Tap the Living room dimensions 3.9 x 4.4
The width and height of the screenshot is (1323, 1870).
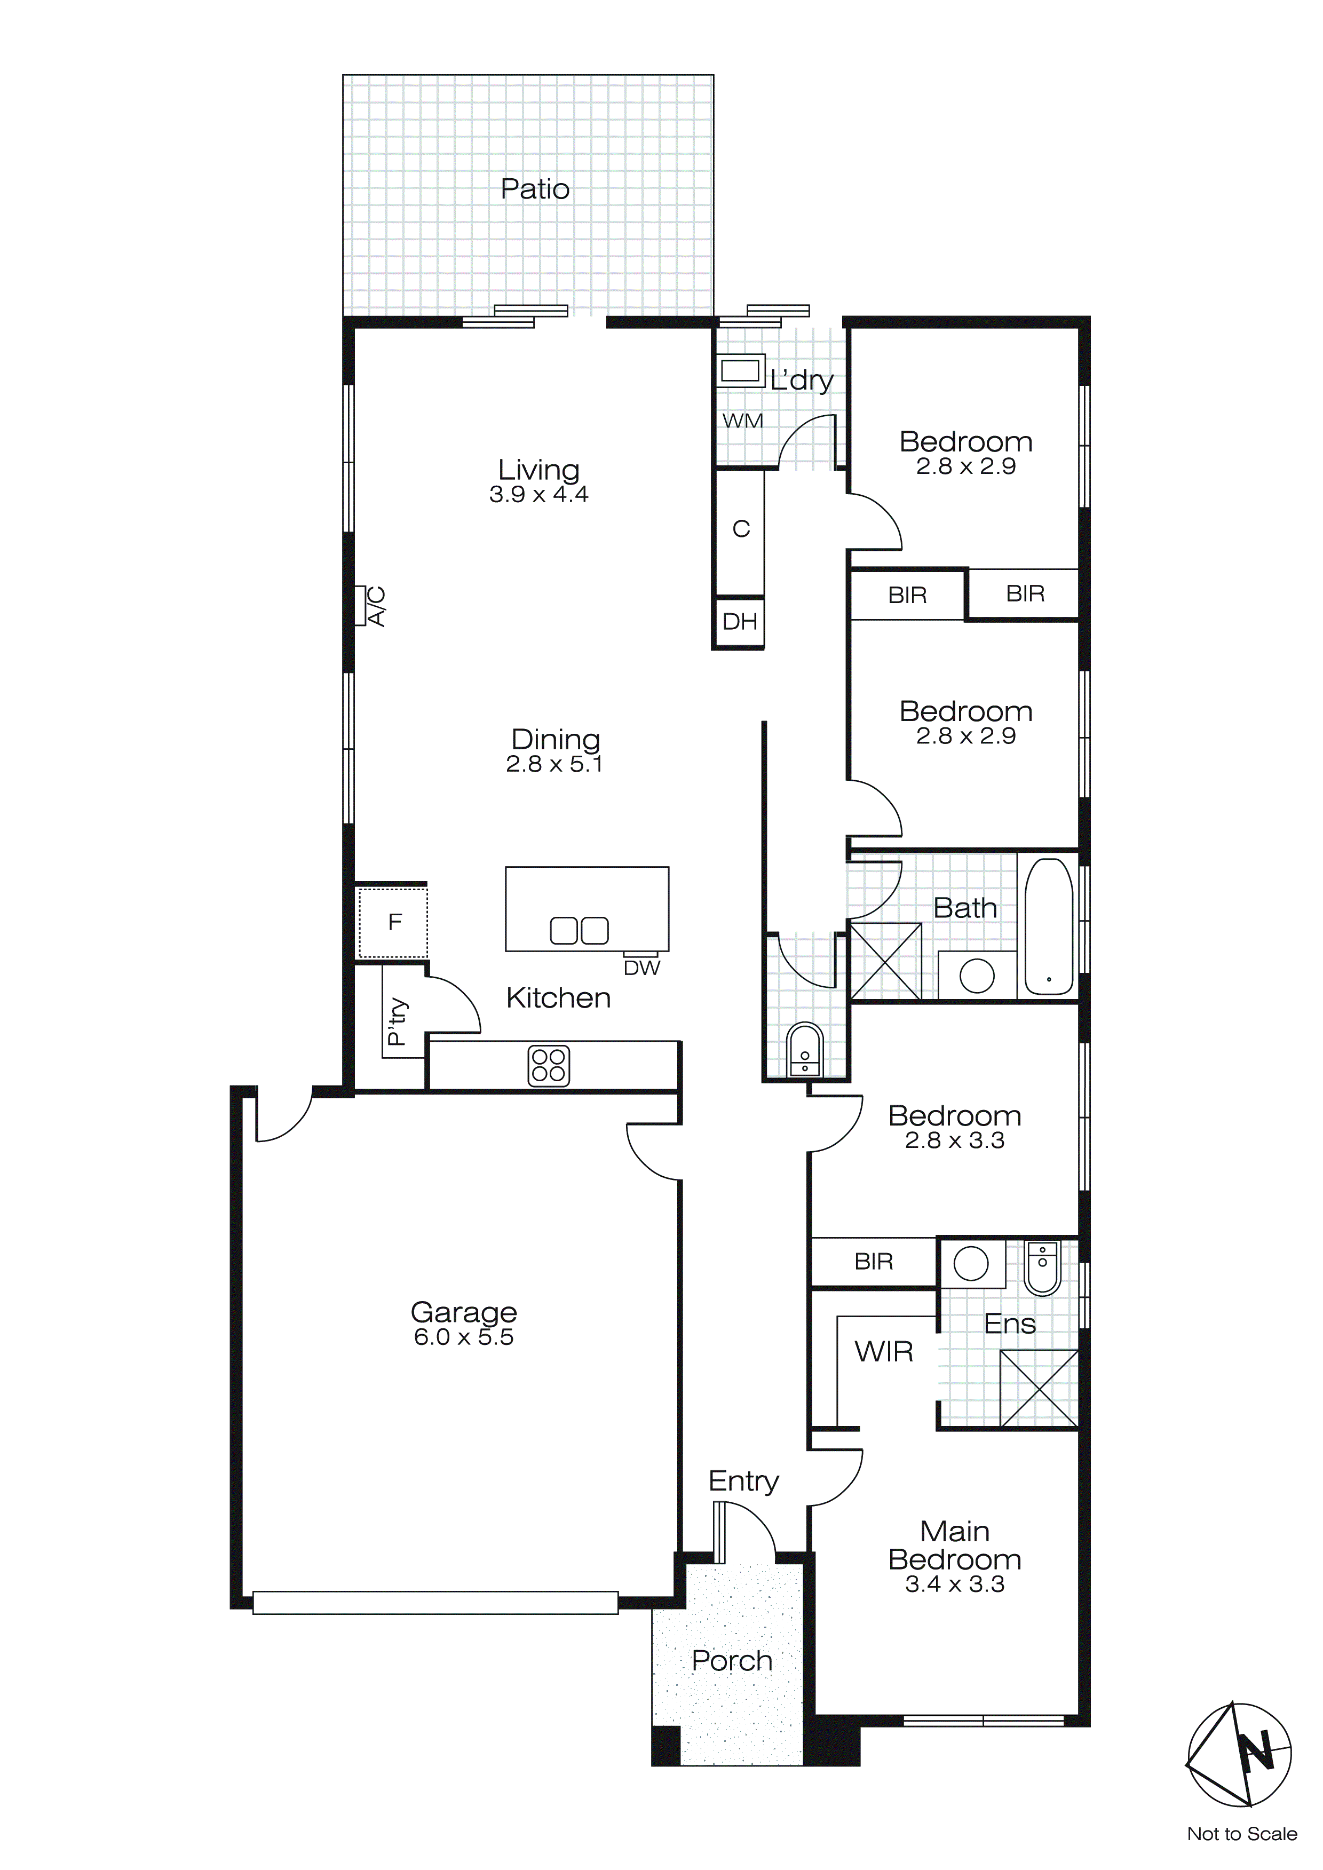click(538, 494)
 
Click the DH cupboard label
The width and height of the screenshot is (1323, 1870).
click(740, 622)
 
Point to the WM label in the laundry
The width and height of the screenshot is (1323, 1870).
click(743, 421)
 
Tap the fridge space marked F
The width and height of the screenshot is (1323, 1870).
click(394, 922)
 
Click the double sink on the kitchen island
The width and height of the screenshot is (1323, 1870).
click(579, 930)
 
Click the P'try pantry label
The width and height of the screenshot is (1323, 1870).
click(397, 1021)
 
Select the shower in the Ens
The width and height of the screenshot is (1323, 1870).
click(1039, 1389)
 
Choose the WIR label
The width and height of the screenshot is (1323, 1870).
click(883, 1352)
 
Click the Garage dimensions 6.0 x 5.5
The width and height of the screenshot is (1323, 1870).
click(464, 1337)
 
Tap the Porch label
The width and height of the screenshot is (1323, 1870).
click(732, 1661)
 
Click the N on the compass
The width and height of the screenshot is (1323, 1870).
click(1255, 1749)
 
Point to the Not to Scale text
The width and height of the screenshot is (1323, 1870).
click(1241, 1834)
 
